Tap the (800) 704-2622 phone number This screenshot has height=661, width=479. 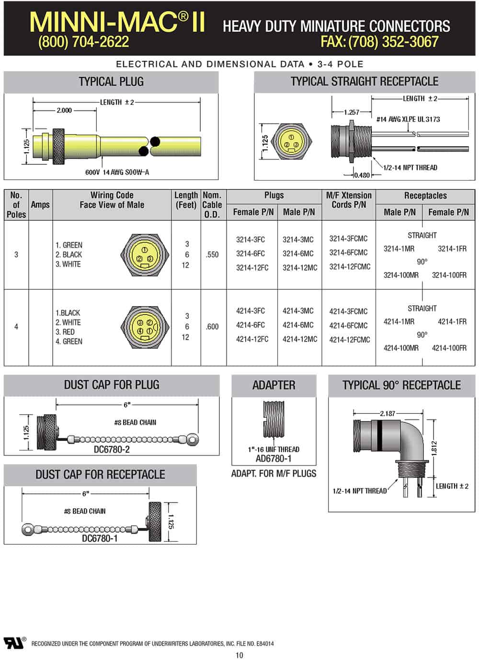pyautogui.click(x=83, y=42)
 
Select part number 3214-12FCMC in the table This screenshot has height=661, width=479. pyautogui.click(x=350, y=267)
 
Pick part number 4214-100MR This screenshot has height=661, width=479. pyautogui.click(x=401, y=348)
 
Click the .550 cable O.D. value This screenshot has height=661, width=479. pyautogui.click(x=212, y=255)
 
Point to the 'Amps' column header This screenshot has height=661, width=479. pyautogui.click(x=40, y=205)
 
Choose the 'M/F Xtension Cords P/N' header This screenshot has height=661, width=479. pyautogui.click(x=349, y=200)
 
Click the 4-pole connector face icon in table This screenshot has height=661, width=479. pyautogui.click(x=145, y=327)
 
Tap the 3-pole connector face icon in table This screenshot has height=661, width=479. pyautogui.click(x=145, y=255)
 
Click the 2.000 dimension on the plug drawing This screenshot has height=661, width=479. pyautogui.click(x=64, y=110)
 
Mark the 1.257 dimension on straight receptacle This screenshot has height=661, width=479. pyautogui.click(x=352, y=112)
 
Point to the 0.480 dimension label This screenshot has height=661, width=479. pyautogui.click(x=362, y=175)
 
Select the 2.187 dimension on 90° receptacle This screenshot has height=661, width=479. pyautogui.click(x=388, y=413)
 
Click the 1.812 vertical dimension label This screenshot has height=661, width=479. pyautogui.click(x=434, y=448)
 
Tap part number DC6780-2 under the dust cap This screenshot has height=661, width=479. pyautogui.click(x=112, y=449)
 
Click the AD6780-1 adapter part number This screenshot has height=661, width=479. pyautogui.click(x=274, y=458)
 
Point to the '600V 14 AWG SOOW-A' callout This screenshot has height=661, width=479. pyautogui.click(x=117, y=172)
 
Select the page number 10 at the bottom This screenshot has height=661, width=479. pyautogui.click(x=239, y=655)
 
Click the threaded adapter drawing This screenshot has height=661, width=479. pyautogui.click(x=274, y=419)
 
